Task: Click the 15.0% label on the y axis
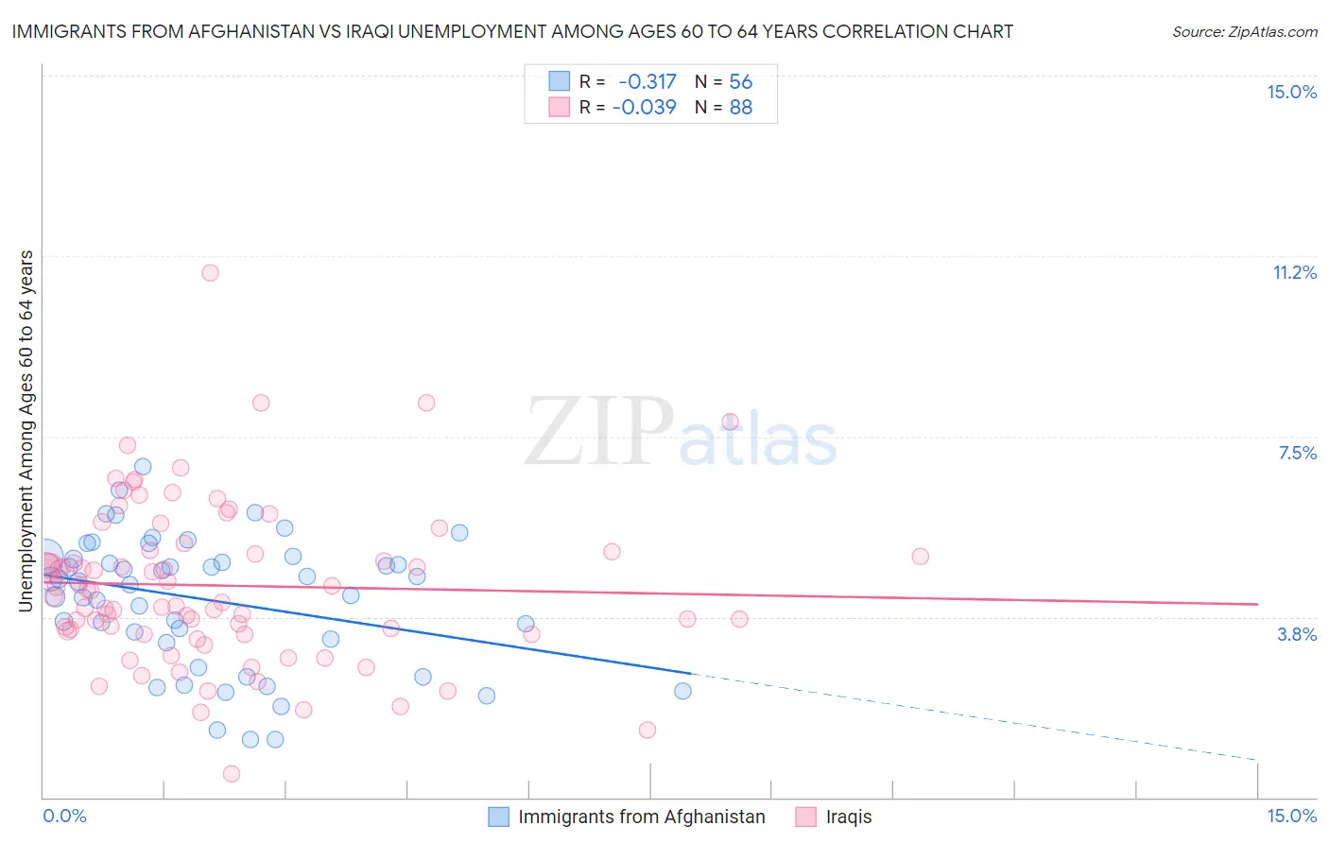pos(1291,92)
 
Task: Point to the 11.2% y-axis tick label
pos(1294,272)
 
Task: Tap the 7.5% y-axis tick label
pos(1297,453)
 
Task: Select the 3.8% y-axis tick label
pos(1297,634)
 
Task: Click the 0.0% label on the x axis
pos(64,816)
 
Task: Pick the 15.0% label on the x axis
pos(1291,816)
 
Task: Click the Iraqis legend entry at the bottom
pos(848,817)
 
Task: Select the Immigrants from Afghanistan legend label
pos(641,817)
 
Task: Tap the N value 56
pos(740,81)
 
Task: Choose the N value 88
pos(740,107)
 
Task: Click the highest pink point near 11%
pos(210,273)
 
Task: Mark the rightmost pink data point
pos(920,557)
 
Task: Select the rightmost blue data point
pos(682,691)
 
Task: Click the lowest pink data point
pos(231,774)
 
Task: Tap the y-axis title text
pos(26,431)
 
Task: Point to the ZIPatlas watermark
pos(681,433)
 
